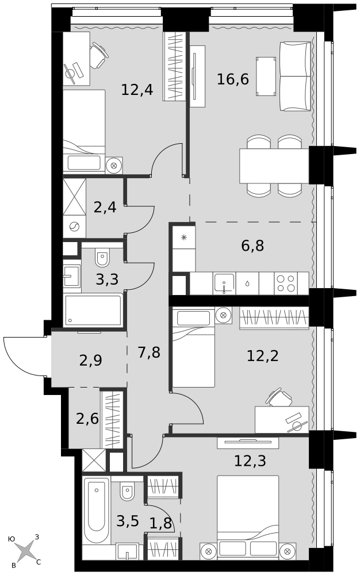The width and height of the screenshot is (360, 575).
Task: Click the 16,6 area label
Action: (x=233, y=79)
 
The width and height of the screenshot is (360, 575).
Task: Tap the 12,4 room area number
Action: (x=137, y=90)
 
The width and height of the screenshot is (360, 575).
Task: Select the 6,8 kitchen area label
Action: (x=252, y=246)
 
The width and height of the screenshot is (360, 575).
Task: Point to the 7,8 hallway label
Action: (x=149, y=352)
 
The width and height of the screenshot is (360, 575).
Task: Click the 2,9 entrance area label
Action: (x=90, y=361)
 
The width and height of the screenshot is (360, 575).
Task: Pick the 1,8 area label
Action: (x=160, y=523)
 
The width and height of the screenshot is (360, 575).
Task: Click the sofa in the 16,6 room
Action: (x=296, y=76)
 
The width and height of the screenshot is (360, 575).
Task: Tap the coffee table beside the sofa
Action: (x=266, y=76)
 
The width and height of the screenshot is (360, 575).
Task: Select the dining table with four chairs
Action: (x=274, y=166)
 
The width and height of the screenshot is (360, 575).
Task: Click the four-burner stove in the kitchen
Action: (x=286, y=283)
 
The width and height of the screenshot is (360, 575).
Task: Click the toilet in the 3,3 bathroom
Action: (x=102, y=258)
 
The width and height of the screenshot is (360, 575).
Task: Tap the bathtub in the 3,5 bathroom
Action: (x=96, y=511)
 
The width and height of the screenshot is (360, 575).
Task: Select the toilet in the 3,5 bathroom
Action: (x=127, y=490)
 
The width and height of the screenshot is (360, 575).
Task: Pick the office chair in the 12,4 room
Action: (x=99, y=55)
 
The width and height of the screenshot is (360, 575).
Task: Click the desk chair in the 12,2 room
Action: (x=280, y=397)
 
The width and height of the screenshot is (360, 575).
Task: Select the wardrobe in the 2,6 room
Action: (x=112, y=420)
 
